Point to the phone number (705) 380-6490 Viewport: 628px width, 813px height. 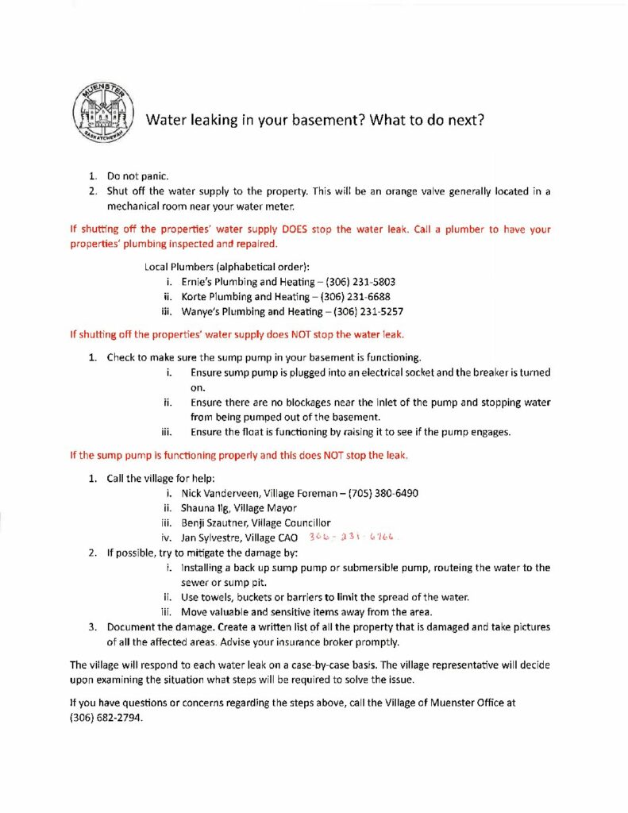click(x=383, y=493)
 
